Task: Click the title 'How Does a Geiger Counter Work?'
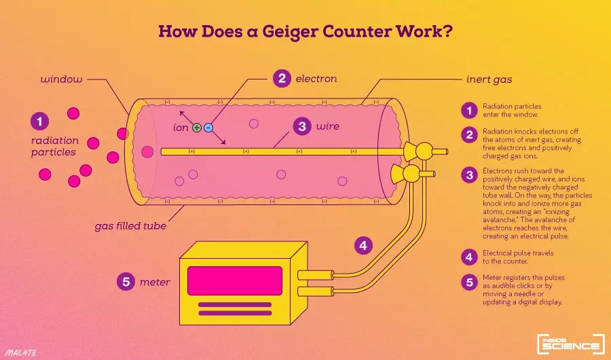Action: pos(305,32)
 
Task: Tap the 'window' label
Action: pos(61,79)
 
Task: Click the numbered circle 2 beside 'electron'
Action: pos(282,79)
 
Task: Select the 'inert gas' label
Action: pos(489,79)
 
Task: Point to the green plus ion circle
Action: pos(197,127)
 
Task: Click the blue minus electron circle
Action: pos(208,127)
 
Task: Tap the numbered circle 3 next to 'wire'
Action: pos(302,126)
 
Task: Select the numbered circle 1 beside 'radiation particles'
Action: pos(40,122)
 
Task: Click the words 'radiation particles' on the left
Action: pos(54,146)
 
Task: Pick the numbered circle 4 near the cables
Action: pos(365,245)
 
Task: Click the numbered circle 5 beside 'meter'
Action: pos(125,281)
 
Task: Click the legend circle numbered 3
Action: pos(468,175)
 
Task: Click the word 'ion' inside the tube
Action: pos(181,127)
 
